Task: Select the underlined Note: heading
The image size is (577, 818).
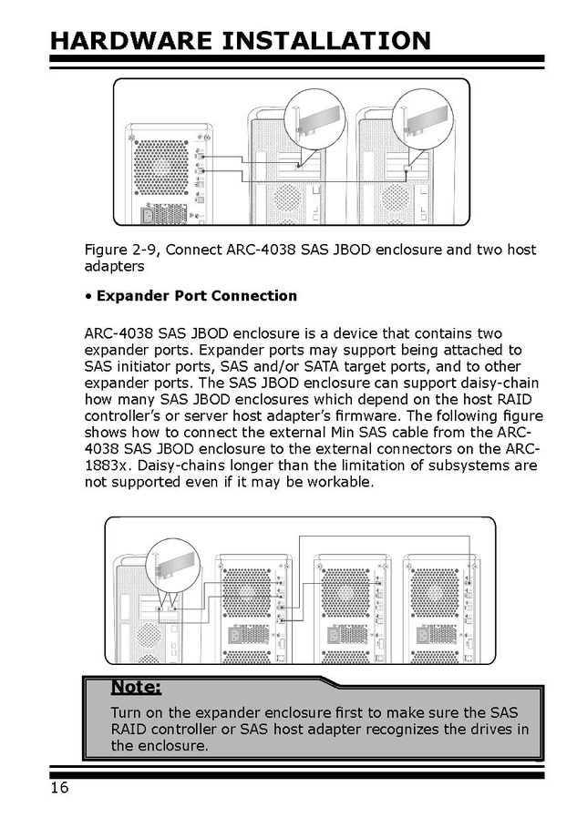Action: (136, 687)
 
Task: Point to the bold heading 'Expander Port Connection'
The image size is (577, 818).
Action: (196, 295)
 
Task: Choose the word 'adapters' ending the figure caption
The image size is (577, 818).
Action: (114, 267)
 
